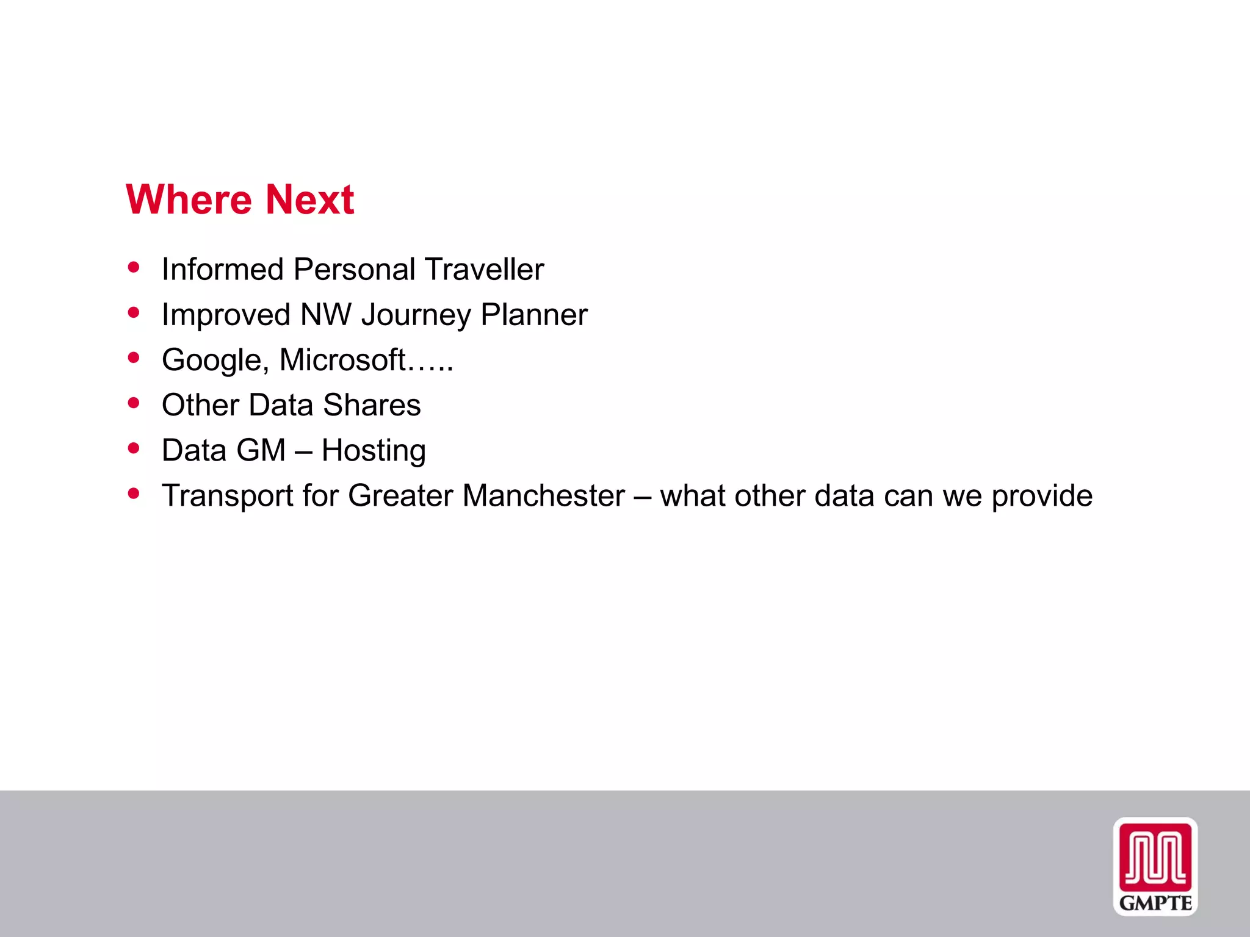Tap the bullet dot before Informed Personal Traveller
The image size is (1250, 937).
point(134,267)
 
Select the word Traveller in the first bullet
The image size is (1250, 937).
point(484,269)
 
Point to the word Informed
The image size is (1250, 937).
point(222,269)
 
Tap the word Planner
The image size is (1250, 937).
point(533,315)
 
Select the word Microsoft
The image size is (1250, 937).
point(342,359)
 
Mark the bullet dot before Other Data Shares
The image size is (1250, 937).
point(134,403)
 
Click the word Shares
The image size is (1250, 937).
point(372,405)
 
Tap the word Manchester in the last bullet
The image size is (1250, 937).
point(543,495)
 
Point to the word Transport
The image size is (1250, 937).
point(227,496)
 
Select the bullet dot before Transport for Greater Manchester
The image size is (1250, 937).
point(134,493)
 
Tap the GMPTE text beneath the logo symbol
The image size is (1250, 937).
point(1155,903)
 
